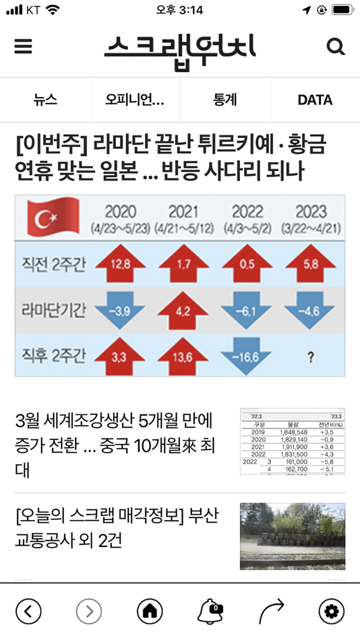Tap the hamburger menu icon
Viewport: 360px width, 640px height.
click(23, 46)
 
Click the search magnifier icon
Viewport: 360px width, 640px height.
click(335, 46)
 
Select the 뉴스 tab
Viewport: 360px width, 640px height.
click(45, 100)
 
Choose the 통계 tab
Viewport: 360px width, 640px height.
click(225, 100)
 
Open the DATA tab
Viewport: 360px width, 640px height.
click(315, 100)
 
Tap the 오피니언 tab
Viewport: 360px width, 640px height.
click(135, 100)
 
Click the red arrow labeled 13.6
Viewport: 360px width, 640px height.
click(183, 356)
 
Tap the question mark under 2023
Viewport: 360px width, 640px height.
click(310, 358)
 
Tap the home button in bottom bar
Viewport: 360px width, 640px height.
click(150, 611)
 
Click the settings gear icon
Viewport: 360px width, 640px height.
click(330, 611)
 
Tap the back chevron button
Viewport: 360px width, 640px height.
click(28, 611)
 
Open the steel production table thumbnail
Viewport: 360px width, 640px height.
click(293, 441)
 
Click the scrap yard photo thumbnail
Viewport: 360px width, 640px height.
click(293, 536)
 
